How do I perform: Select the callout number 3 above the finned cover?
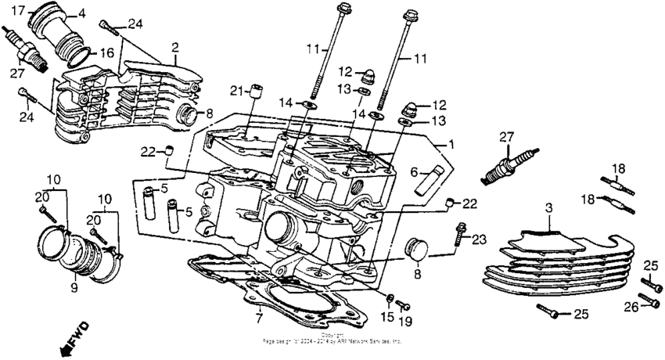[x=549, y=207]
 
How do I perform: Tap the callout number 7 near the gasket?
[x=258, y=319]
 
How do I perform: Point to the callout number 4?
[x=81, y=13]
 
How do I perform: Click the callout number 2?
[x=174, y=47]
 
